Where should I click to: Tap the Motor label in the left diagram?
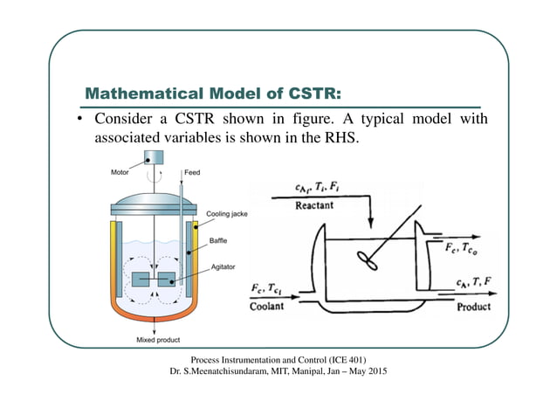(120, 173)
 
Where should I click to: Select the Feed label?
(192, 173)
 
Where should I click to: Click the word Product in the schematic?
(472, 307)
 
